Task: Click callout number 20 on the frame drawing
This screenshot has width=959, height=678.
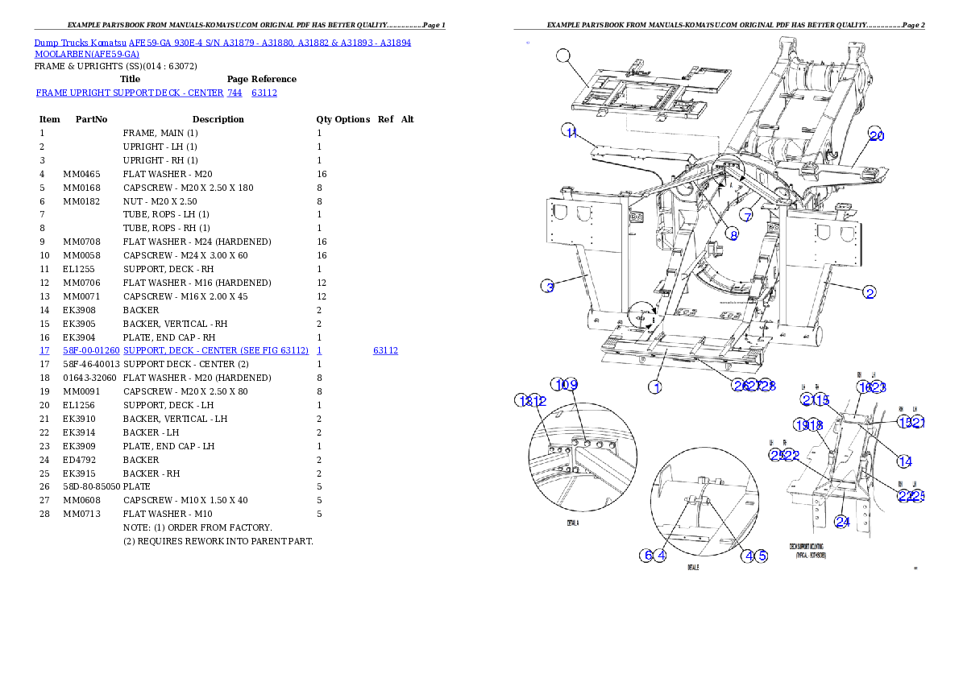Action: tap(876, 136)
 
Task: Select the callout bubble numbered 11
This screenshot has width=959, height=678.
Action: tap(571, 132)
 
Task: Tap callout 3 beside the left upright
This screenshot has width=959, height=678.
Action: tap(547, 287)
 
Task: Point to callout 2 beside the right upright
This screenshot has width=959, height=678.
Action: tap(869, 292)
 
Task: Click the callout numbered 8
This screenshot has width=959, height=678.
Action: tap(733, 234)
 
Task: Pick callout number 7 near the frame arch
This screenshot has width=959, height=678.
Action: tap(747, 216)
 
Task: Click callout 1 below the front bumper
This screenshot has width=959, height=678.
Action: tap(655, 387)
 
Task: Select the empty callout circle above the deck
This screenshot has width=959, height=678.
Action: tap(563, 55)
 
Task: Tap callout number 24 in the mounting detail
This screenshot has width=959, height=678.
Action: tap(841, 522)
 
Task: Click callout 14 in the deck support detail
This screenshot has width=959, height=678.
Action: tap(905, 461)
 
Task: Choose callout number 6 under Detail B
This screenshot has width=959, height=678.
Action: tap(646, 555)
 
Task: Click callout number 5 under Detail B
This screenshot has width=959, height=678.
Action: tap(761, 555)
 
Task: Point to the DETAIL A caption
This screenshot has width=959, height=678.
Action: tap(572, 523)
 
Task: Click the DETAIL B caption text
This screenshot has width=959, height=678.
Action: tap(693, 567)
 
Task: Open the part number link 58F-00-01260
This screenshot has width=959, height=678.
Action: tap(91, 351)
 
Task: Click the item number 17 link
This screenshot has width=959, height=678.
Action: tap(44, 351)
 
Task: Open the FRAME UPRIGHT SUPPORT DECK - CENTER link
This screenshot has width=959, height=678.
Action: tap(130, 93)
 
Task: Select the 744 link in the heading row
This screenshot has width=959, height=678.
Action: tap(235, 93)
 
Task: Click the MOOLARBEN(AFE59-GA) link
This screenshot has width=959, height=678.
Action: tap(87, 55)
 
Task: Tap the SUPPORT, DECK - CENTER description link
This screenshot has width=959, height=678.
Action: tap(216, 351)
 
